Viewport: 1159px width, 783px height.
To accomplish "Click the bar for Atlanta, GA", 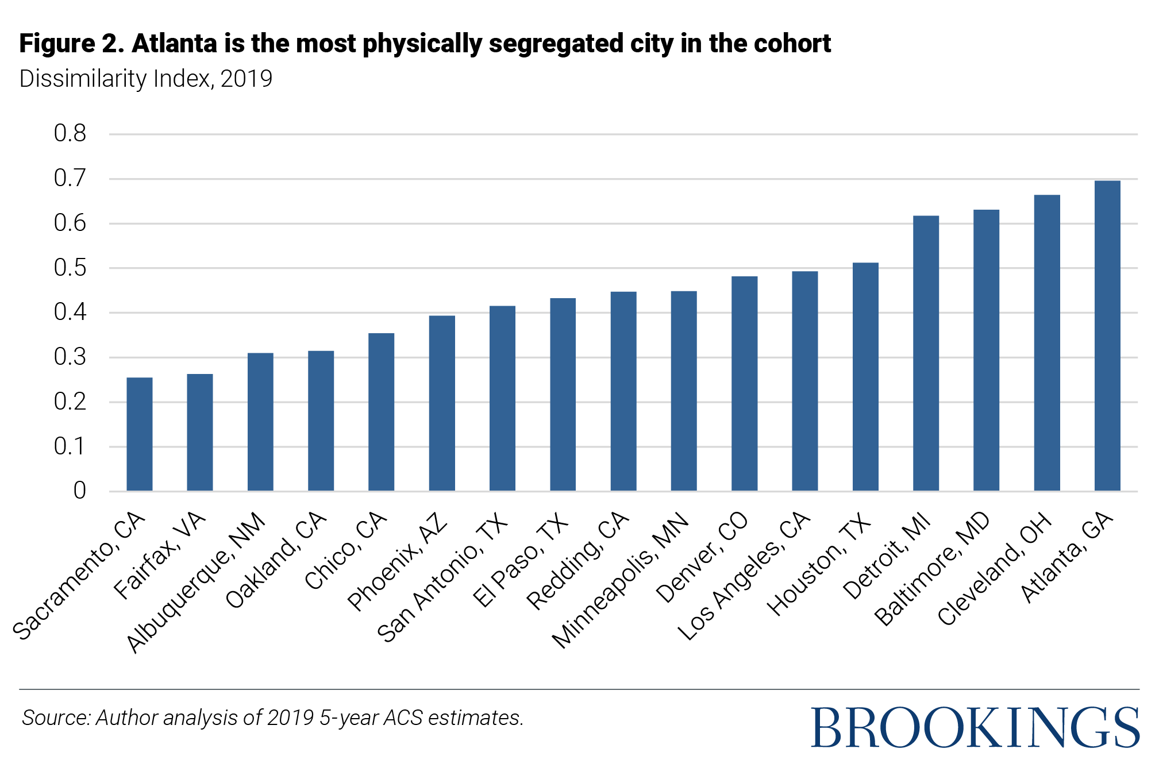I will (1107, 336).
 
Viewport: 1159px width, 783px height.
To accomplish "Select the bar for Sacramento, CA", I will (140, 434).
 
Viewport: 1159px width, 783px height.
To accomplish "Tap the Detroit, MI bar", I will (926, 353).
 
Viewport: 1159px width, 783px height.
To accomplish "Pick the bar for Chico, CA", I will (381, 412).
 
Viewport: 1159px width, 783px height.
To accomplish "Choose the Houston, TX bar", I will (865, 377).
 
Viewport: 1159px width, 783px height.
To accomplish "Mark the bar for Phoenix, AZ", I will (442, 403).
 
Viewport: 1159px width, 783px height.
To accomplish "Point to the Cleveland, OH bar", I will (1046, 343).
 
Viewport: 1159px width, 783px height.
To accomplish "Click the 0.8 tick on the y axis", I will (70, 134).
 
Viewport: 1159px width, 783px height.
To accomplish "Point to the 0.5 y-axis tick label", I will (70, 268).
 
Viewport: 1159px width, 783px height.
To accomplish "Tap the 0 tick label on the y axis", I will (79, 491).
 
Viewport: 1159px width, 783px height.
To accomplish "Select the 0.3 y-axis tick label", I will (70, 357).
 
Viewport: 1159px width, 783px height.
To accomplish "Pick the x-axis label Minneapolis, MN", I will (621, 580).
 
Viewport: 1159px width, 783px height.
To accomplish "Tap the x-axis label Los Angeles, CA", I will (744, 576).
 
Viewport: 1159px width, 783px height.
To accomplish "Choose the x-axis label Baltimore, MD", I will (932, 569).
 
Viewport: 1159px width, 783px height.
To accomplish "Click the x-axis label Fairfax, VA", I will (160, 556).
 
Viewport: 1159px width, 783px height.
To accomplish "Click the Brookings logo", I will (975, 728).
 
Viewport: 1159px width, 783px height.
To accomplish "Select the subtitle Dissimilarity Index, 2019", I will (146, 79).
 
